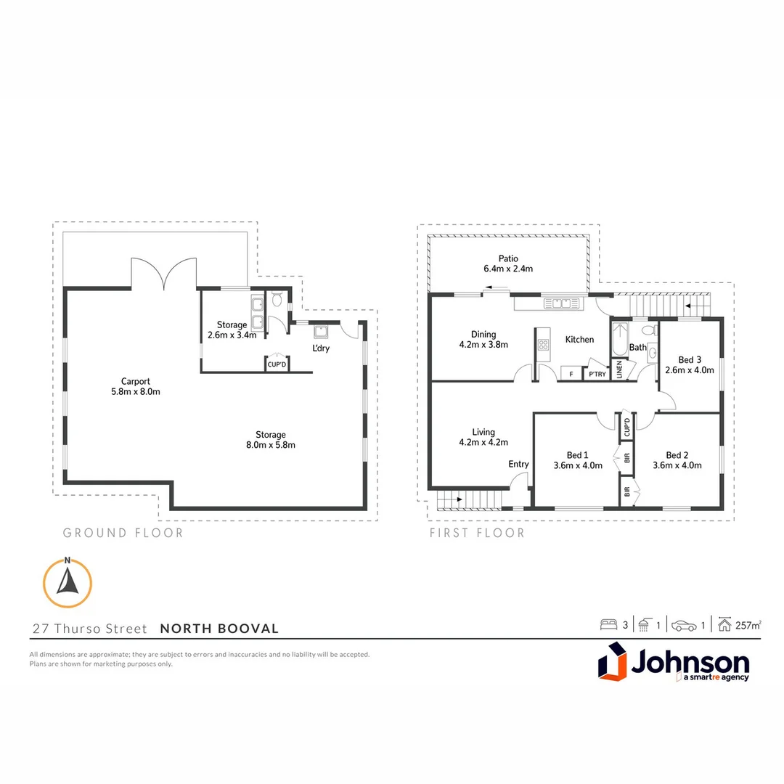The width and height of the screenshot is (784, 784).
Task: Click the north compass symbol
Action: tap(67, 583)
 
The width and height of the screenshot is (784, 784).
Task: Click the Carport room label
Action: tap(136, 381)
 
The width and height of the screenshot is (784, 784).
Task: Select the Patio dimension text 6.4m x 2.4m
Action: tap(508, 269)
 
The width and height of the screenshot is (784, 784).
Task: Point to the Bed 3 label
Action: tap(690, 359)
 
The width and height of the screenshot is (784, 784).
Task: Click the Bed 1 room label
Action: tap(578, 455)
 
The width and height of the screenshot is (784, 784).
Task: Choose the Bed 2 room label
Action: tap(677, 455)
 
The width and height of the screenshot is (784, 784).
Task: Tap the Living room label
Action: tap(483, 432)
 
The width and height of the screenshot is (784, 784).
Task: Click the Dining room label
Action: tap(483, 335)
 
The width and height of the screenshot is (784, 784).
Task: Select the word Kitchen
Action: tap(579, 340)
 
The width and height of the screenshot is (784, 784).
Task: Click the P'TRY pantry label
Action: tap(597, 374)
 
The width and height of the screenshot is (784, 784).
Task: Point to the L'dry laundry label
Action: tap(321, 349)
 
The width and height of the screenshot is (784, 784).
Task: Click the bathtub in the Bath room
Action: tap(619, 342)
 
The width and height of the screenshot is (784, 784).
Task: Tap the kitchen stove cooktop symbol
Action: tap(543, 345)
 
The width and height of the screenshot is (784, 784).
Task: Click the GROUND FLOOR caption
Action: tap(123, 533)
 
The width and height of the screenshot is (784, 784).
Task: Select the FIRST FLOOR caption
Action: tap(477, 533)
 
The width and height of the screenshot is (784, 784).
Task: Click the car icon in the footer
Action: tap(683, 625)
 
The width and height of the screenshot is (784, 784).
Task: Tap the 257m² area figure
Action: tap(748, 625)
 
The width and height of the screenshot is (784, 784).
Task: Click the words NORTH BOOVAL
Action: tap(219, 629)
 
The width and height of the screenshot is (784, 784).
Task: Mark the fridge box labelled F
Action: tap(571, 374)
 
